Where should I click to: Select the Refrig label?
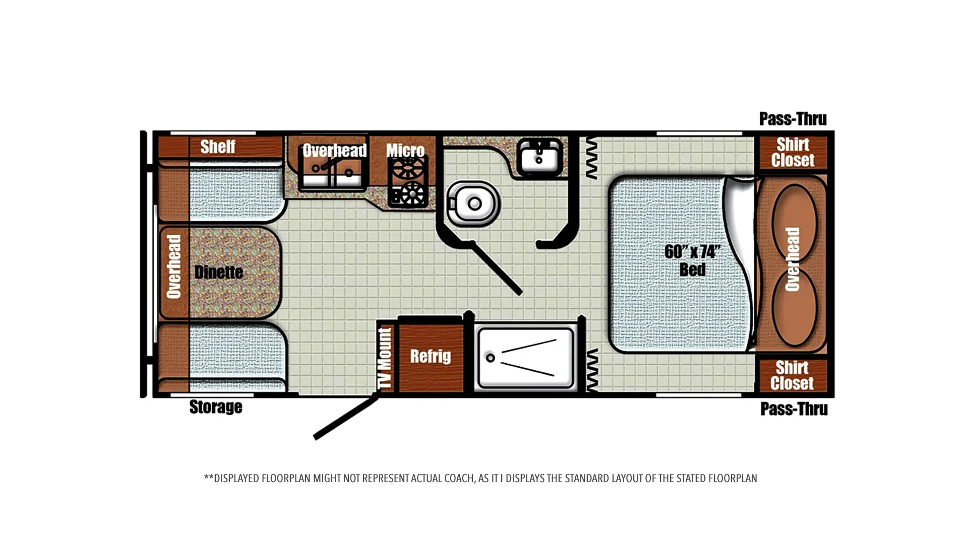430,356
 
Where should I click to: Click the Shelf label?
218,147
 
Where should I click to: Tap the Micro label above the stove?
405,150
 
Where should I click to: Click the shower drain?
490,358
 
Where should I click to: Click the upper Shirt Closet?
793,152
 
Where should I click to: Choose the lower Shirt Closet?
792,375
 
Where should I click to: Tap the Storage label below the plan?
216,406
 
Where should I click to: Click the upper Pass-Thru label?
793,119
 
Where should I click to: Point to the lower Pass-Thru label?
794,409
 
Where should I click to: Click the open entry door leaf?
346,417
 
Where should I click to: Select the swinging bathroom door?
496,267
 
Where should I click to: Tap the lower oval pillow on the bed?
794,307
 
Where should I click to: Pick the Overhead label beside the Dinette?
173,266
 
